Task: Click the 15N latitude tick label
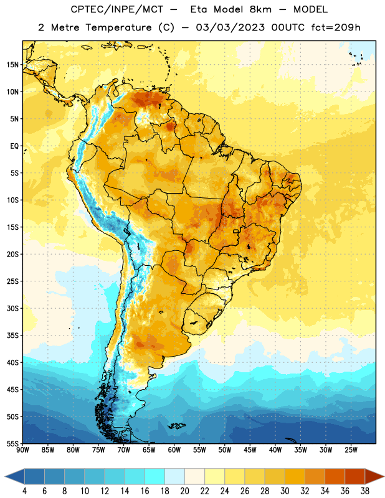pos(12,65)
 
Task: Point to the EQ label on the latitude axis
pos(14,146)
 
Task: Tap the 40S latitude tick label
pos(12,362)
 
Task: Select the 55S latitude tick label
pos(12,443)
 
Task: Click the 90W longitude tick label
pos(23,450)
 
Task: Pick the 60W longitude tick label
pos(174,450)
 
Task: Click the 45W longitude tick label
pos(250,450)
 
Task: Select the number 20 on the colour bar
pos(184,491)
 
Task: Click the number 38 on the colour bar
pos(365,491)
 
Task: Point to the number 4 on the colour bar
pos(24,491)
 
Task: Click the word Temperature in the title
pos(118,27)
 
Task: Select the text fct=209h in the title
pos(336,27)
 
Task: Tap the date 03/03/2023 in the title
pos(230,27)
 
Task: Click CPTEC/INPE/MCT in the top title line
pos(117,9)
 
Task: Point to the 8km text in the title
pos(260,9)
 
